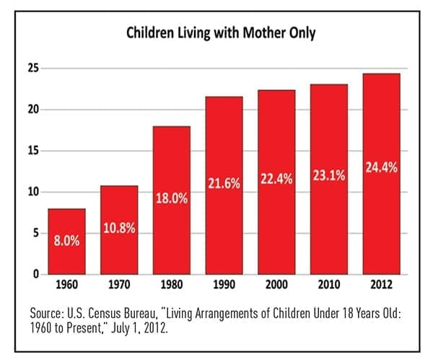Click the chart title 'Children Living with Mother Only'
(221, 33)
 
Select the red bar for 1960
(67, 242)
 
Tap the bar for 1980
(172, 201)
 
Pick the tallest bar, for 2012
(381, 174)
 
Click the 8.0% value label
(67, 240)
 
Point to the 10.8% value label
(119, 228)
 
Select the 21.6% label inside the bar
(224, 183)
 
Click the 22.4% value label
(276, 179)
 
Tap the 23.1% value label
(329, 175)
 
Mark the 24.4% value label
(381, 167)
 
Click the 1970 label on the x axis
(119, 285)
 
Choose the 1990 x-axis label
(224, 285)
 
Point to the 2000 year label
(276, 285)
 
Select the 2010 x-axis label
(329, 285)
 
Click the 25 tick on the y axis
(34, 69)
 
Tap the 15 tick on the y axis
(34, 151)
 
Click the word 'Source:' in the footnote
(47, 313)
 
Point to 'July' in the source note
(121, 328)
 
